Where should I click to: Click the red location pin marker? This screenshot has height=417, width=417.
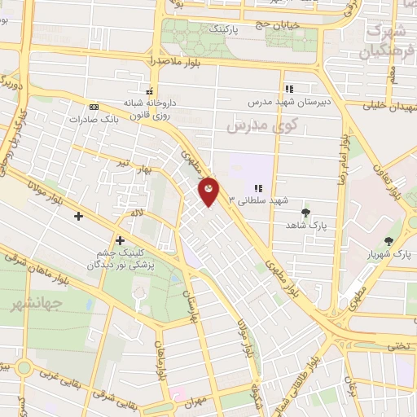click(209, 191)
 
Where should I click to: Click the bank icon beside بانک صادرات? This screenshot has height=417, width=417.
click(94, 107)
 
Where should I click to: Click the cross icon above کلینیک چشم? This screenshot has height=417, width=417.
click(120, 240)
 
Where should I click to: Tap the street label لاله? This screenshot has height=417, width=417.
click(139, 213)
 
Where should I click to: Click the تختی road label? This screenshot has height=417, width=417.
click(398, 345)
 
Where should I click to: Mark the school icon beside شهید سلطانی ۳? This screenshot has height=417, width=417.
click(258, 188)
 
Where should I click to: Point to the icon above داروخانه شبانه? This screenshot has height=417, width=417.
click(148, 91)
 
